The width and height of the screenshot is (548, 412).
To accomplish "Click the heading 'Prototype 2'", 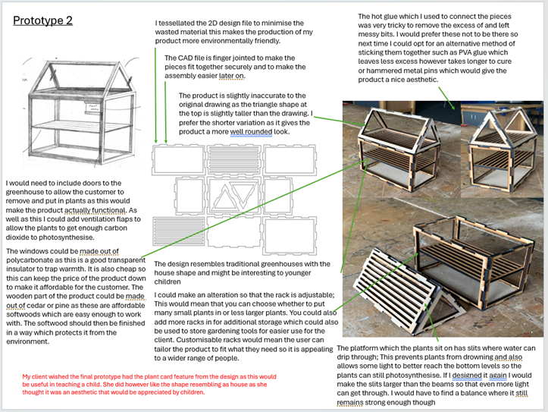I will (x=43, y=20).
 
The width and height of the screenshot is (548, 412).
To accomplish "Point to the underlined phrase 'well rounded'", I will (x=259, y=132).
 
